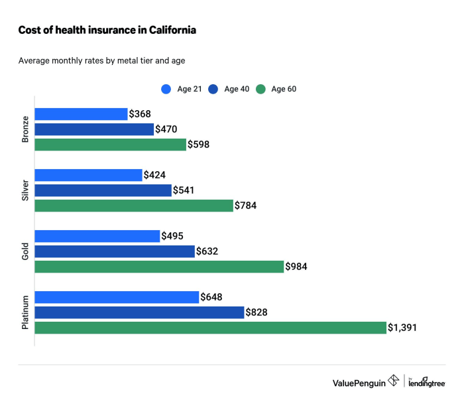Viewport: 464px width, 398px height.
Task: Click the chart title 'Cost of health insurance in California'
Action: point(107,31)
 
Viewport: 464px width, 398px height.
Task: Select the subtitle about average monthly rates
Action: point(101,61)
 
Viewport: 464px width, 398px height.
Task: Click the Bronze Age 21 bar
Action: point(81,114)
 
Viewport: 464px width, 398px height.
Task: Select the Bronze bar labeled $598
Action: point(110,145)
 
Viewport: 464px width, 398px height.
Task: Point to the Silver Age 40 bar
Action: point(103,190)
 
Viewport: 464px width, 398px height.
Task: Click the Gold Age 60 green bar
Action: point(159,267)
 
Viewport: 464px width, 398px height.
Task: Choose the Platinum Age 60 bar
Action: point(210,328)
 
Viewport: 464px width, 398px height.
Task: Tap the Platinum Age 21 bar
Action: point(117,297)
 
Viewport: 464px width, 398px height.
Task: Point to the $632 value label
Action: point(207,251)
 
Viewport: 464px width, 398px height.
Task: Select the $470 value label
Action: point(166,129)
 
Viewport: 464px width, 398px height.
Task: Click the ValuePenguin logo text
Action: point(359,382)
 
